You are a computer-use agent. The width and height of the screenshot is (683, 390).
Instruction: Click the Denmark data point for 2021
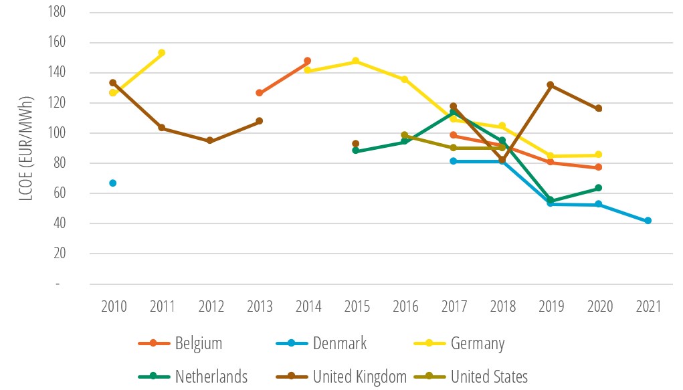coord(648,221)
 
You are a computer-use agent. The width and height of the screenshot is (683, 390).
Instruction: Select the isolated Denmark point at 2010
coord(112,183)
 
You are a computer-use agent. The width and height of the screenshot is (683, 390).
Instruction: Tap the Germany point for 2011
coord(161,53)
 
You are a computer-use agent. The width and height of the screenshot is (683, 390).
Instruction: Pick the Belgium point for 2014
coord(308,61)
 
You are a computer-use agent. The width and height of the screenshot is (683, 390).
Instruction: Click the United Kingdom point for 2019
coord(550,85)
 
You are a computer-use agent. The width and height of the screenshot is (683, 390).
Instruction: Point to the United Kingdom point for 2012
coord(210,140)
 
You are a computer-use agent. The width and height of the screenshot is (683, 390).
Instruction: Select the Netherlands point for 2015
coord(356,151)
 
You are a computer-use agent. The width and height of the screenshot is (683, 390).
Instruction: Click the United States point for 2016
coord(404,135)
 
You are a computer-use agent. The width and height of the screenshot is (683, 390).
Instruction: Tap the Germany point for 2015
coord(356,61)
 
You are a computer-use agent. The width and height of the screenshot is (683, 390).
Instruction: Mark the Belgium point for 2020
coord(599,167)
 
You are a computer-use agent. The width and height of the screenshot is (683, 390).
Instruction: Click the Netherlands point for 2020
coord(599,188)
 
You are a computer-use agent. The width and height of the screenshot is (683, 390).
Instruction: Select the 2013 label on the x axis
coord(260,307)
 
